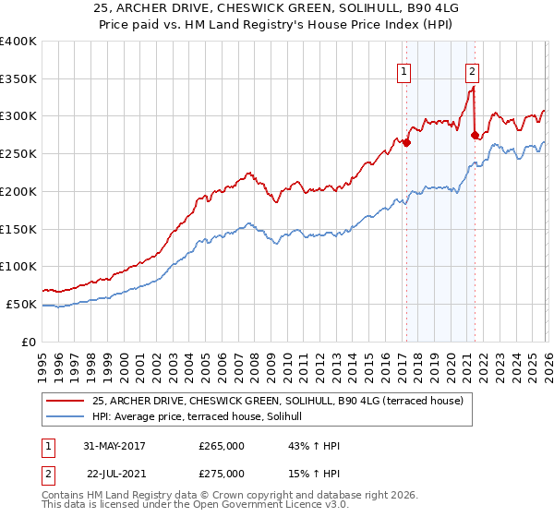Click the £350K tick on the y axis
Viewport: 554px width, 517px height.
[x=18, y=79]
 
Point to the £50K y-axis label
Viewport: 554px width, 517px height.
[x=20, y=304]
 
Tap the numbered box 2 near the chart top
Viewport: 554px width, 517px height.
[x=472, y=70]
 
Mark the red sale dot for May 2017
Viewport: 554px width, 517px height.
[x=406, y=142]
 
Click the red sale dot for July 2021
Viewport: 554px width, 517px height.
[x=475, y=135]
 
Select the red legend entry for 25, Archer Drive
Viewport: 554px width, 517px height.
[x=283, y=400]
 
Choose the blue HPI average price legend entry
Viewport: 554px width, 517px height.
[x=203, y=416]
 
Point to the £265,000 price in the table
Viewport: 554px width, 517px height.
[x=222, y=446]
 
